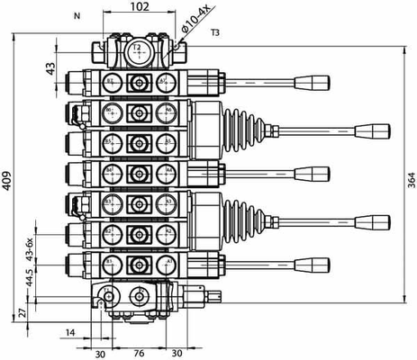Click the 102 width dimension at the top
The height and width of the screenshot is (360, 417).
139,7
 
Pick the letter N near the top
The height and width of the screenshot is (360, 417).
76,16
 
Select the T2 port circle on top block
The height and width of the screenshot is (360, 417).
138,51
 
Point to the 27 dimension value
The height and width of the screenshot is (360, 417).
23,312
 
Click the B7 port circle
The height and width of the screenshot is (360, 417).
111,83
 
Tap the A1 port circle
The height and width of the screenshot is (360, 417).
166,264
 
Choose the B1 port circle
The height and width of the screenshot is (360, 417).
111,264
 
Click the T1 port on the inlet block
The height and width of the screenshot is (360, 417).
110,296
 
